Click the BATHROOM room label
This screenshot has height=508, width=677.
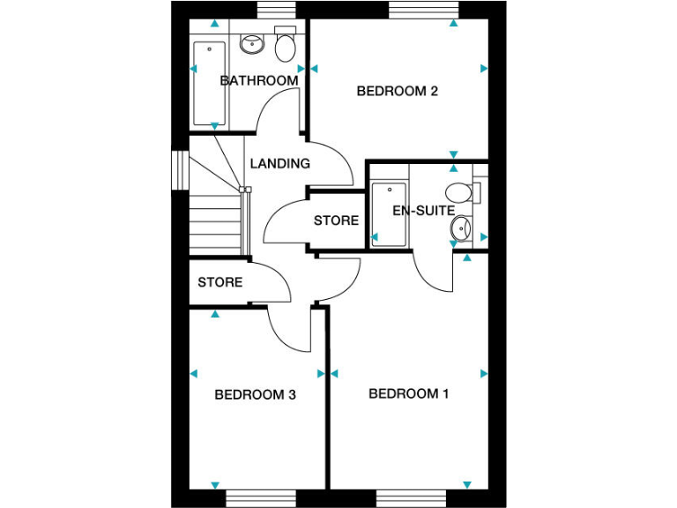(x=258, y=80)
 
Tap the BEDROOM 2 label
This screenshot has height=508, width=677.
(x=397, y=91)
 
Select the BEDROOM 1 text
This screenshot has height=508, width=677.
(x=408, y=393)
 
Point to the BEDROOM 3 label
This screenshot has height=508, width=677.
(x=255, y=394)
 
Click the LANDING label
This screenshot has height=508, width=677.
(x=279, y=163)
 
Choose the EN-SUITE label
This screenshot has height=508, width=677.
(x=423, y=211)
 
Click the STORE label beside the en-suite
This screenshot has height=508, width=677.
(x=336, y=220)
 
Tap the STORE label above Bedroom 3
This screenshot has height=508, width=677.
(x=219, y=282)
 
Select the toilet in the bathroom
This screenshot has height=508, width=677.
(x=285, y=45)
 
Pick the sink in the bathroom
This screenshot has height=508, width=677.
(x=253, y=42)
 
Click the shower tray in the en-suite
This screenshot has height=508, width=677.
(x=387, y=214)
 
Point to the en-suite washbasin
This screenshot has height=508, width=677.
(x=460, y=230)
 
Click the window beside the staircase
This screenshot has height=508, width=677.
(x=181, y=169)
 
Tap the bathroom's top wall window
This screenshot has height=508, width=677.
(x=276, y=10)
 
